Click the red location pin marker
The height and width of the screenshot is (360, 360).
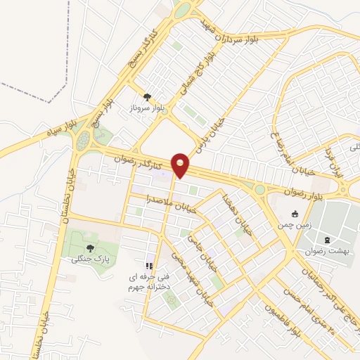coord(181,165)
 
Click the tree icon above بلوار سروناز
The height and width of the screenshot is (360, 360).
coord(147,97)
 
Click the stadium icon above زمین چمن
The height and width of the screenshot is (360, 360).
coord(295,213)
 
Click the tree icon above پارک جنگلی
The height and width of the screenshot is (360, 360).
coord(89,247)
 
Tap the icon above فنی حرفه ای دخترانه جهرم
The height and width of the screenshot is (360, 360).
coord(148,266)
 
